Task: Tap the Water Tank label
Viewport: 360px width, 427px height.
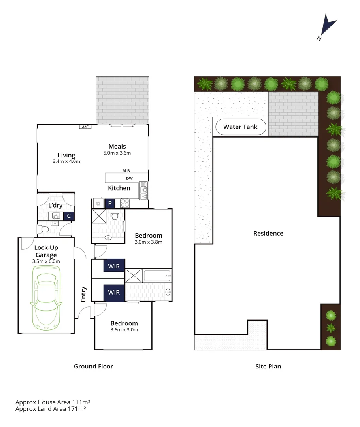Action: point(240,127)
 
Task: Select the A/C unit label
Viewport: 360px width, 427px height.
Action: point(85,127)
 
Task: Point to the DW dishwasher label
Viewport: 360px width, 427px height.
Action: point(129,178)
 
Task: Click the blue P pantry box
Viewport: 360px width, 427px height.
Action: point(110,204)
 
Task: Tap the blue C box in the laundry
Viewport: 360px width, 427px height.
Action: point(69,216)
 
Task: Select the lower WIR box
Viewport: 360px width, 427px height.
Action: point(114,293)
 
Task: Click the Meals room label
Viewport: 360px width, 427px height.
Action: point(117,147)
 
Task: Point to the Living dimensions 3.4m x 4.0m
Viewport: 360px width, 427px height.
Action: point(66,161)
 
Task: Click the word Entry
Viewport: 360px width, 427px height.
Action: point(84,294)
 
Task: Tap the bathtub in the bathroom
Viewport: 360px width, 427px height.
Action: point(156,276)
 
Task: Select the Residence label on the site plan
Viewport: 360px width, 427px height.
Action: point(268,233)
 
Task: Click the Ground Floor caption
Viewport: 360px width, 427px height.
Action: point(93,367)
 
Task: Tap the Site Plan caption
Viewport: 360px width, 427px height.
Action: point(268,367)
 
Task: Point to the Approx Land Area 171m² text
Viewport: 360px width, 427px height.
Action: point(51,409)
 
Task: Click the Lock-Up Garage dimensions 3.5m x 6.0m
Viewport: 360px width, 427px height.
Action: point(46,261)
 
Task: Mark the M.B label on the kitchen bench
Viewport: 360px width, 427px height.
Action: point(126,171)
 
